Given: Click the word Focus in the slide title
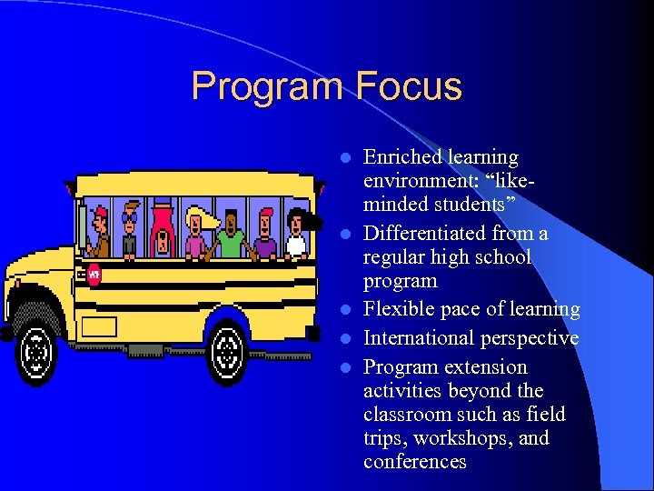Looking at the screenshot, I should click(x=409, y=87).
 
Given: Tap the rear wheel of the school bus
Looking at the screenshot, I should click(x=227, y=349).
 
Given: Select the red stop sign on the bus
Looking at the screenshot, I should click(x=94, y=273).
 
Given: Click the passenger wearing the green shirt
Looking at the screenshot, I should click(x=231, y=235).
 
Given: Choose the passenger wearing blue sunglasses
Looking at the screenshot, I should click(x=130, y=231).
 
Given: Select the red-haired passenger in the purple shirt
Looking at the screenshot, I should click(x=264, y=235).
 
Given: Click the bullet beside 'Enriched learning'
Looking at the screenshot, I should click(x=345, y=158).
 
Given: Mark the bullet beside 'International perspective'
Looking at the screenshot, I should click(x=345, y=339).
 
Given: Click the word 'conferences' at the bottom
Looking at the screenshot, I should click(x=414, y=462).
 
